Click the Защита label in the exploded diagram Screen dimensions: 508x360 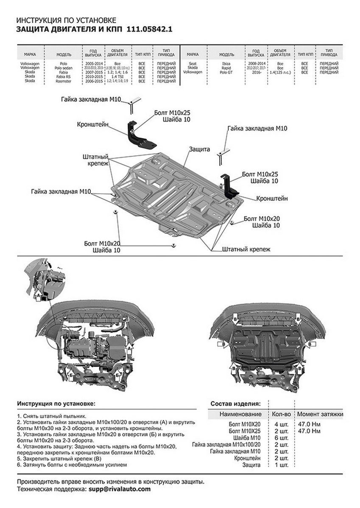(199, 149)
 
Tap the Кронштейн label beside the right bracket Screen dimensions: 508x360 (272, 198)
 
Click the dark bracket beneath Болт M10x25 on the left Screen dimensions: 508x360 (138, 135)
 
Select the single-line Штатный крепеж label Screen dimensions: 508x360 (246, 250)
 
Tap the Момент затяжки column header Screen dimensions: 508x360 (320, 414)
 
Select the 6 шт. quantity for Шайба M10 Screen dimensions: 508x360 (282, 437)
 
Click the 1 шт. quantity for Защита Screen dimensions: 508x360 (282, 465)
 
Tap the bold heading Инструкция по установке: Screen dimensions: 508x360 (56, 403)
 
